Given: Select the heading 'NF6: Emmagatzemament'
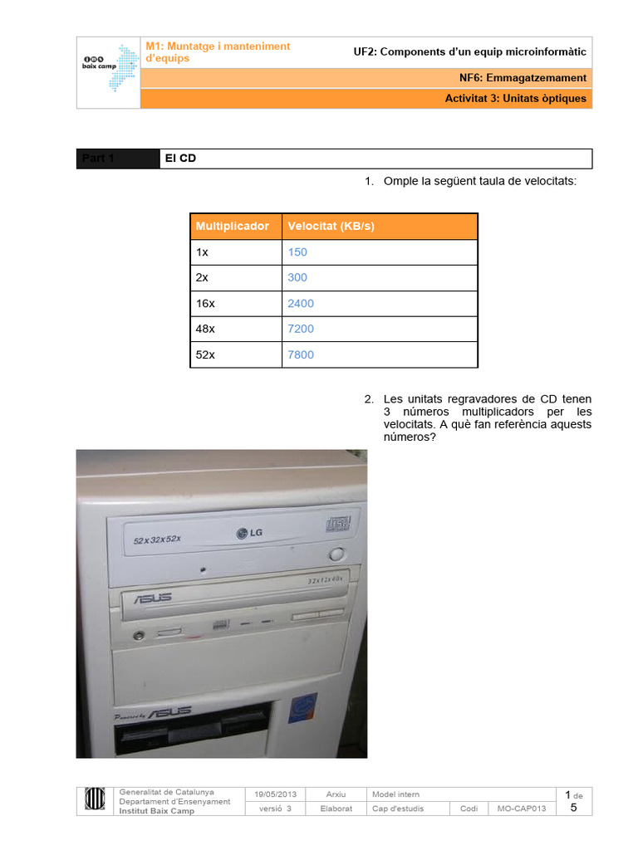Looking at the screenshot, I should [523, 78].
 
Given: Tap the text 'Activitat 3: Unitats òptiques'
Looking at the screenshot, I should [515, 98].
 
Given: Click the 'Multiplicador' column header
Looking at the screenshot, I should [233, 226].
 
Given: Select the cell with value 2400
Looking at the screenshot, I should [301, 303].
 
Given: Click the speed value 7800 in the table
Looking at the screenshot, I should [301, 354].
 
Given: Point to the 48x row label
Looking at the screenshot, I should [205, 329].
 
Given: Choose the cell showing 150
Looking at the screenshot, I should [297, 252].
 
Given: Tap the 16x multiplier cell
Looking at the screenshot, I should [205, 303].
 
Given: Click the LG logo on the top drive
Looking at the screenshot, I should [249, 533].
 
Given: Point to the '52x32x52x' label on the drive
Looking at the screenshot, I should [157, 540].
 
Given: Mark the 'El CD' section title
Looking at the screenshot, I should [180, 159].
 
